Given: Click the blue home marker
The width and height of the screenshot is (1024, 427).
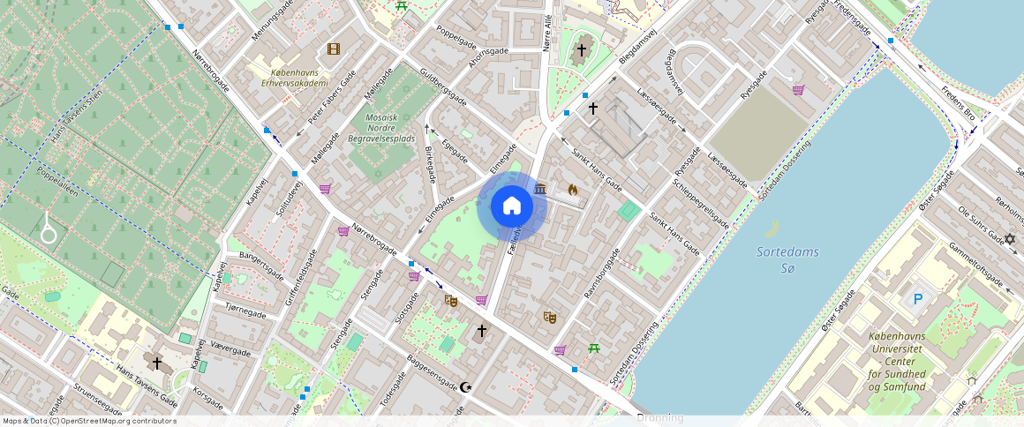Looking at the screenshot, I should (x=511, y=206).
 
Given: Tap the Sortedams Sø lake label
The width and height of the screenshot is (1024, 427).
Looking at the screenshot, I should (x=787, y=259).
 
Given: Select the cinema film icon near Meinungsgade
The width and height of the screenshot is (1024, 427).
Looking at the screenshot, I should (x=333, y=49).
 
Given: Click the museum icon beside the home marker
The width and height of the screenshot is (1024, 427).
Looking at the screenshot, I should (x=540, y=188).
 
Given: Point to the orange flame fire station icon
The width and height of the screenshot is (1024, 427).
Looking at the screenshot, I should (x=573, y=189).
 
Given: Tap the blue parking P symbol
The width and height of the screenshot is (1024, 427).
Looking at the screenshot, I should (x=917, y=300).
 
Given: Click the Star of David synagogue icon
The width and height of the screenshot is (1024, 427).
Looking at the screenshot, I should (x=1011, y=239).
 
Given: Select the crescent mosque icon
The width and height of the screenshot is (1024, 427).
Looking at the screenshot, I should (x=466, y=387).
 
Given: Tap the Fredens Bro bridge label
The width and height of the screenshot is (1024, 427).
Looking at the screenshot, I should (x=958, y=103).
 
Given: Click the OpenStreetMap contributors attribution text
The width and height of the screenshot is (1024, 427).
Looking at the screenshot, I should (x=90, y=421).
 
